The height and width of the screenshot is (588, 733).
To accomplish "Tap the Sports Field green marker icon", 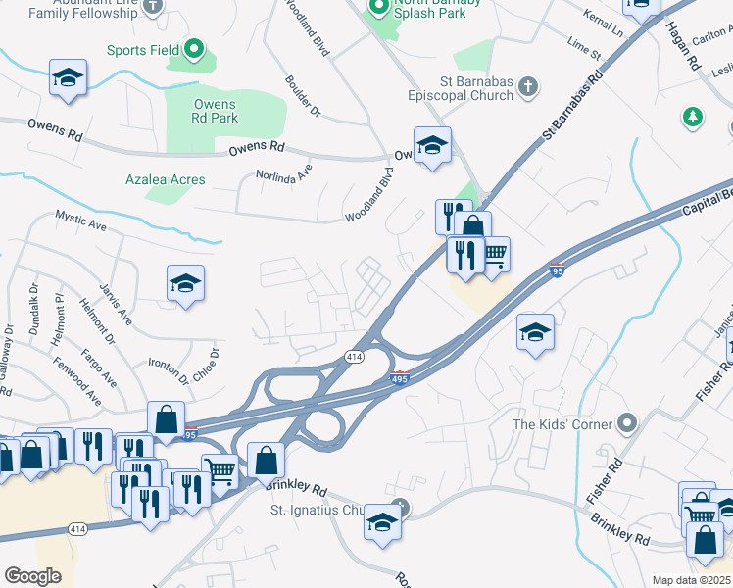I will pos(194,48).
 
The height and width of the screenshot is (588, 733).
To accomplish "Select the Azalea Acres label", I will pos(166,179).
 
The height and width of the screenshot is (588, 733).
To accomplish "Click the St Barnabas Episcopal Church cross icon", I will pos(528,86).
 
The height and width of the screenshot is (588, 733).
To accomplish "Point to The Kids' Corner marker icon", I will pos(627,424).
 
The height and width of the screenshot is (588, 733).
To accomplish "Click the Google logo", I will pos(33,576).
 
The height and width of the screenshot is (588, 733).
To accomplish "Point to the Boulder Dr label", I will pos(303,96).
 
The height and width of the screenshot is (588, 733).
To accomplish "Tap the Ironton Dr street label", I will pos(168,370).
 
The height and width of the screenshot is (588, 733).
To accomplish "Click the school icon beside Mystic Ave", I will pos(185,284).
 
